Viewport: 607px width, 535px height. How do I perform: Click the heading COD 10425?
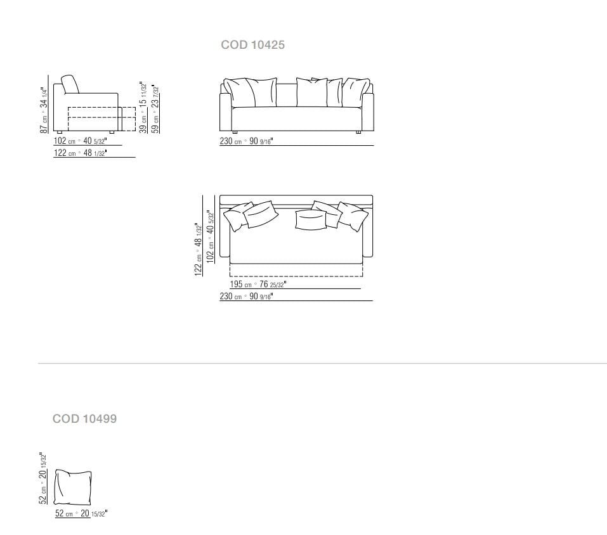pyautogui.click(x=252, y=45)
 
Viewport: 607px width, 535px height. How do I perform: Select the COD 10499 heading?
pyautogui.click(x=84, y=419)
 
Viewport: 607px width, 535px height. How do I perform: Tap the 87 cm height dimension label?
pyautogui.click(x=44, y=109)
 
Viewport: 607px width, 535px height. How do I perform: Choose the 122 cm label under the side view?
pyautogui.click(x=79, y=153)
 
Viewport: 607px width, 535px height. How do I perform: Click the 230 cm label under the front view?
pyautogui.click(x=246, y=141)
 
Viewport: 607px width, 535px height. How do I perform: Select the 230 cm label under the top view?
pyautogui.click(x=246, y=297)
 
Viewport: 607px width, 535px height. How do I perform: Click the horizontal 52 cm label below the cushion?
pyautogui.click(x=81, y=513)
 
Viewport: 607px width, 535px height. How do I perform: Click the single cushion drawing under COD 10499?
pyautogui.click(x=73, y=487)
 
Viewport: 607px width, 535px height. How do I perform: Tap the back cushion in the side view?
pyautogui.click(x=70, y=84)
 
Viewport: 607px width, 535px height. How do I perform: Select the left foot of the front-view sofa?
pyautogui.click(x=234, y=132)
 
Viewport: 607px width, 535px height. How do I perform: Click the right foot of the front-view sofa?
pyautogui.click(x=359, y=132)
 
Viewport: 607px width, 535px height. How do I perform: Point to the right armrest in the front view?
pyautogui.click(x=368, y=111)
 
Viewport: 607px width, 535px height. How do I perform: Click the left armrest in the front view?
pyautogui.click(x=225, y=111)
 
